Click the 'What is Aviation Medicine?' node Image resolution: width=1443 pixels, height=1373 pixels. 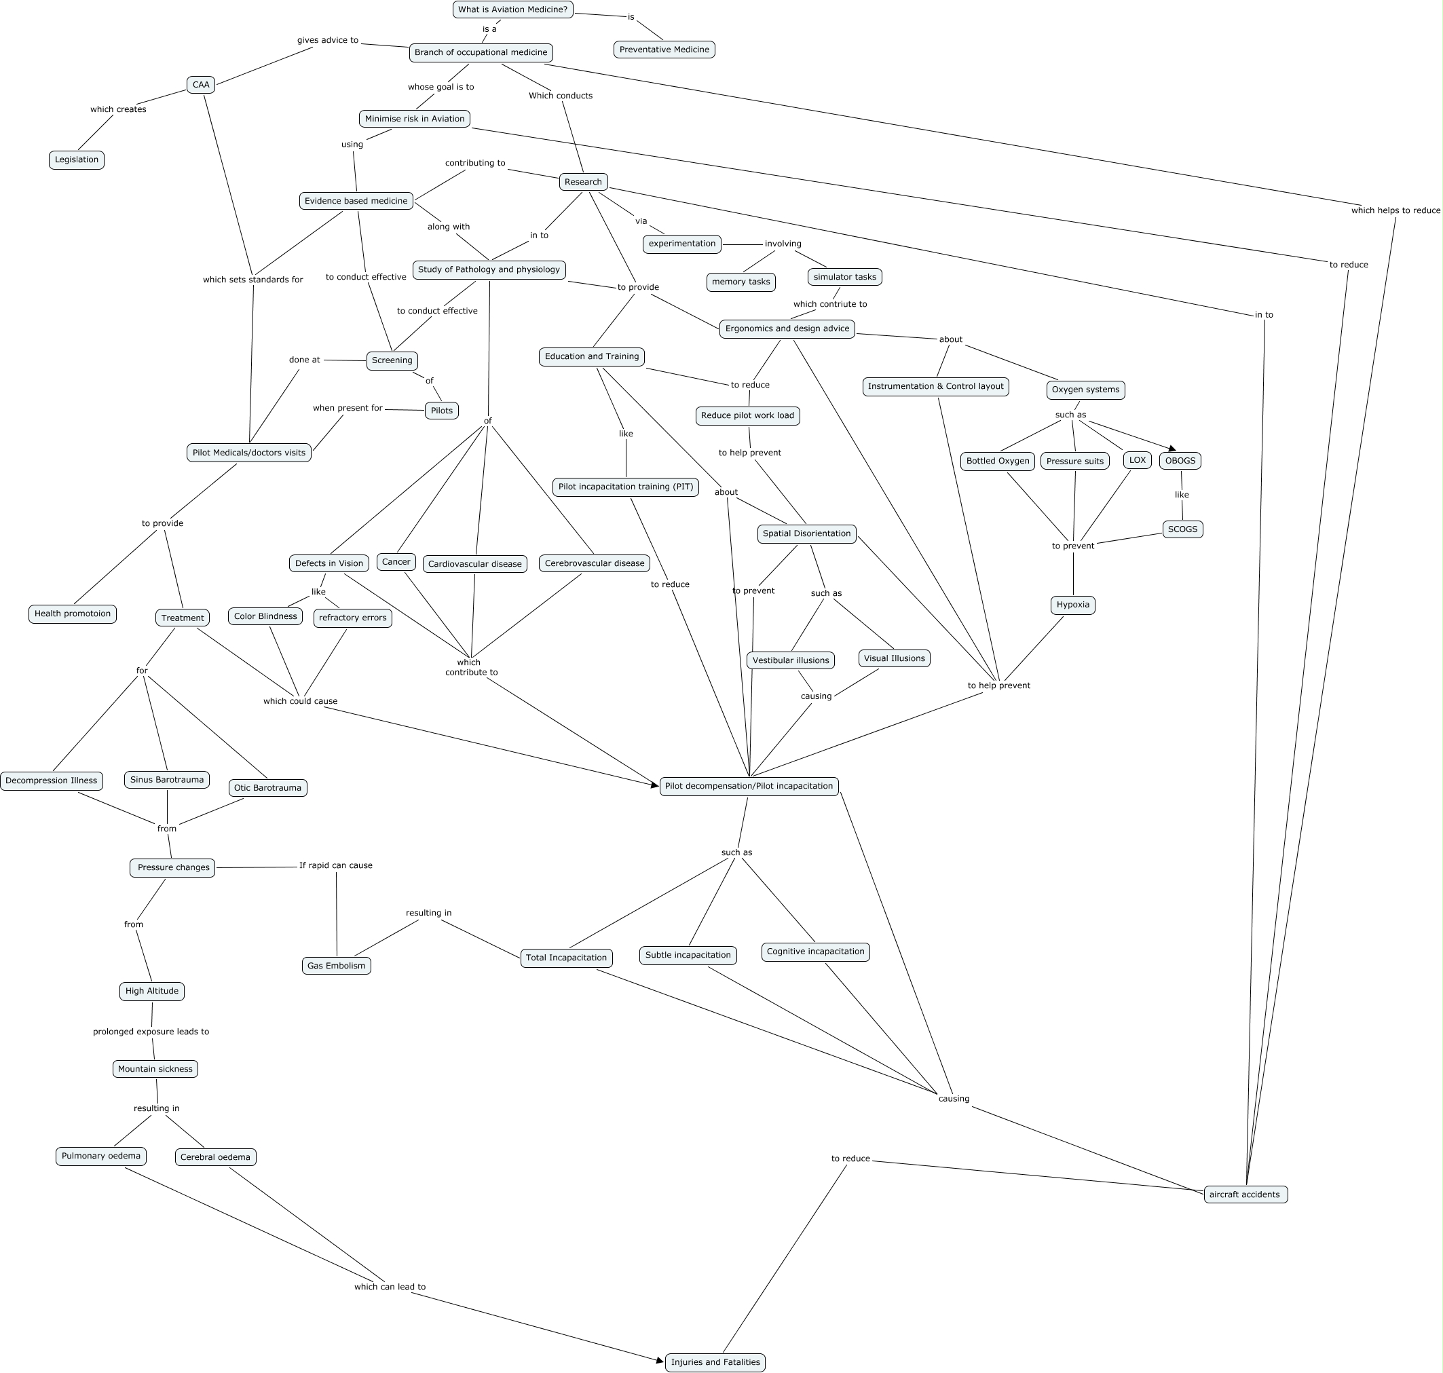512,10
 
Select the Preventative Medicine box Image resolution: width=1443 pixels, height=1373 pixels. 664,50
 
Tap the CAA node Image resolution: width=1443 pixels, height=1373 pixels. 200,85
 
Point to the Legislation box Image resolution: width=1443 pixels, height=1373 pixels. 76,159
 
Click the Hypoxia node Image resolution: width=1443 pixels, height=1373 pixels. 1072,605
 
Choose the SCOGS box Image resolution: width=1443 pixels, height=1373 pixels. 1182,529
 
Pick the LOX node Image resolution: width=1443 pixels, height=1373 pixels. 1137,460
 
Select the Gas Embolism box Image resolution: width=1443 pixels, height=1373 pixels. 336,966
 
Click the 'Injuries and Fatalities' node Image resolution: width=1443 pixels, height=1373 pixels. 715,1362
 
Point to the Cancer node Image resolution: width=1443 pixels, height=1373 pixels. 396,562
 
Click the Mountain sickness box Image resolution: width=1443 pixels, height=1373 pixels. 155,1069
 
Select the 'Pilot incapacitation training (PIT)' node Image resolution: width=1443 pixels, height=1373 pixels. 626,487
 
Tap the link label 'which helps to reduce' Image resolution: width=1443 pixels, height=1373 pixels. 1395,211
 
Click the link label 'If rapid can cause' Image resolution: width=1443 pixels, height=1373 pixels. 336,865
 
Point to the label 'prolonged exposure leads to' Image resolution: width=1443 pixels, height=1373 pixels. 151,1032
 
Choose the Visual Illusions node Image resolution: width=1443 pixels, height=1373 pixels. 894,659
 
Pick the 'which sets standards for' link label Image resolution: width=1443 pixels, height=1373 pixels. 252,280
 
